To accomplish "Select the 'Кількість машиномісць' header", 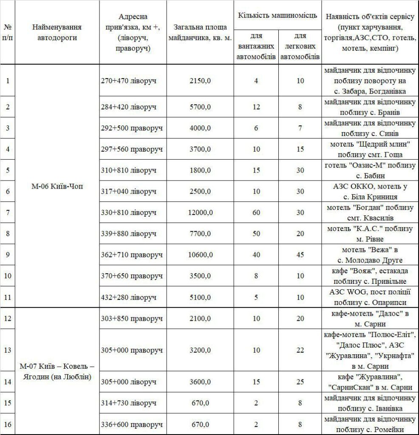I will click(277, 16).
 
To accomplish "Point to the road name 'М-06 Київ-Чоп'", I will click(57, 187).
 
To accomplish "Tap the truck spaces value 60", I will click(256, 212).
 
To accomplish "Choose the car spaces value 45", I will click(300, 254).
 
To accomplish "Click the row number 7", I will click(8, 212).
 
